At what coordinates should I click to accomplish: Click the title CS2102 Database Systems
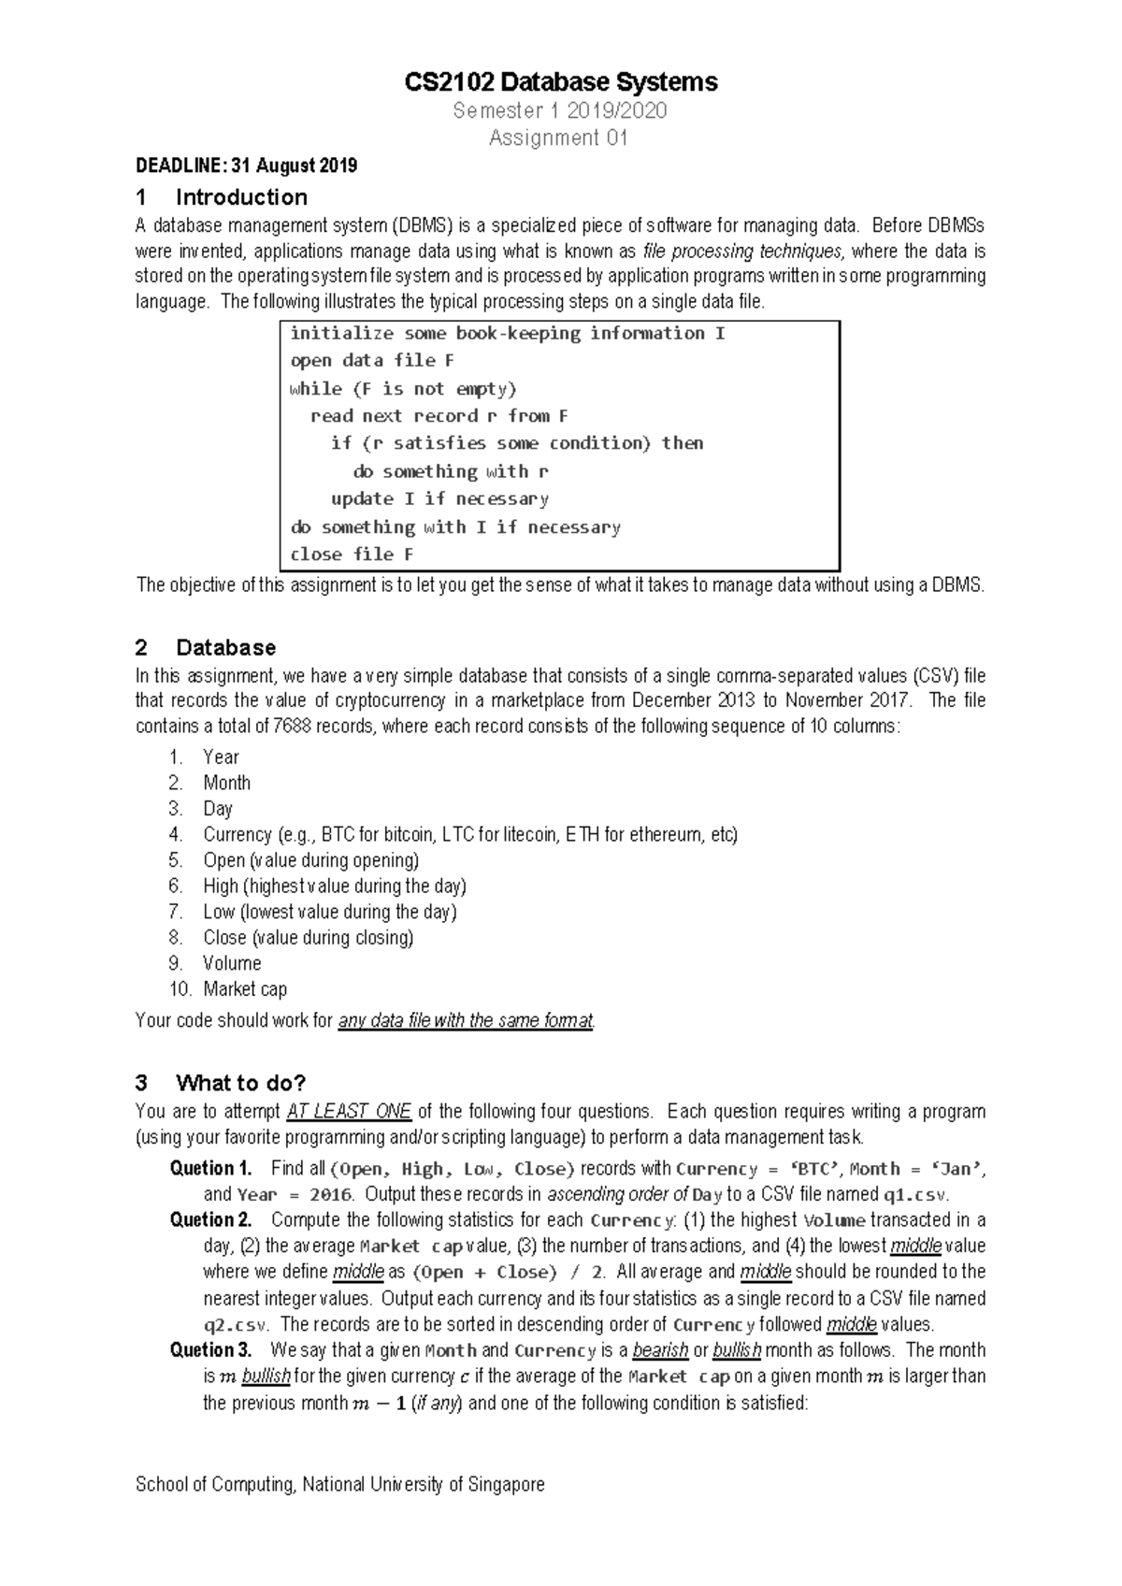pos(560,82)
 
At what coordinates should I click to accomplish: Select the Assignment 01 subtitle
pos(559,138)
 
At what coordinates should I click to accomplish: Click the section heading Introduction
pos(241,197)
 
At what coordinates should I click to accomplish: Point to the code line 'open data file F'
pos(372,361)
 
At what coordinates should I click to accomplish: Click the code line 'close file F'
pos(352,555)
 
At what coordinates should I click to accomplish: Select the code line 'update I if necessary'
pos(439,499)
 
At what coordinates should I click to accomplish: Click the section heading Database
pos(225,648)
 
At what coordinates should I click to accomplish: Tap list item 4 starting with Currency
pos(469,835)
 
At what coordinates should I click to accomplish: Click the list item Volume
pos(232,963)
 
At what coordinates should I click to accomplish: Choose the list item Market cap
pos(245,989)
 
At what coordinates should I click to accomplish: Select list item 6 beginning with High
pos(334,887)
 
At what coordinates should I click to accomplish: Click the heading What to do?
pos(240,1084)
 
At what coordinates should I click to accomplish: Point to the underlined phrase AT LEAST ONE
pos(349,1112)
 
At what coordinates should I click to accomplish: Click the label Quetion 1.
pos(210,1169)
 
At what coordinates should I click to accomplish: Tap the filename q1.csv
pos(915,1195)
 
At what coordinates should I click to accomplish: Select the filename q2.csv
pos(235,1325)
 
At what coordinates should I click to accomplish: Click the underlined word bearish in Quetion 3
pos(660,1351)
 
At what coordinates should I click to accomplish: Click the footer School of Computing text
pos(339,1485)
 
